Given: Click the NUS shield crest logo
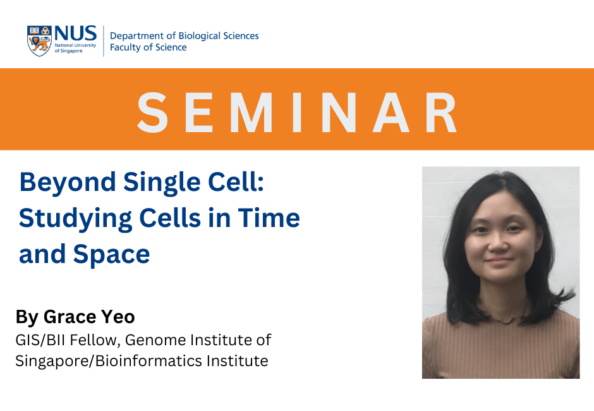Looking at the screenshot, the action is point(39,41).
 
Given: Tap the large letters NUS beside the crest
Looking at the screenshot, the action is point(75,34).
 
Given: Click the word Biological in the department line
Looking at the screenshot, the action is point(199,36).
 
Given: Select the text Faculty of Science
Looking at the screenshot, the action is point(148,47).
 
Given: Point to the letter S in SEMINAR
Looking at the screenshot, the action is point(153,113).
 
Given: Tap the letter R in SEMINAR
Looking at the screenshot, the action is point(441,113).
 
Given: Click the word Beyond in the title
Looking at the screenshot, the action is point(68,183).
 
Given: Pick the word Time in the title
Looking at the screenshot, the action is point(269,218).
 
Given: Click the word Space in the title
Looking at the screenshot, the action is point(111,254).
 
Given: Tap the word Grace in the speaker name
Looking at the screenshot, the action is point(70,317).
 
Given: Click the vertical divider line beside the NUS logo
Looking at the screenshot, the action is point(104,41).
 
